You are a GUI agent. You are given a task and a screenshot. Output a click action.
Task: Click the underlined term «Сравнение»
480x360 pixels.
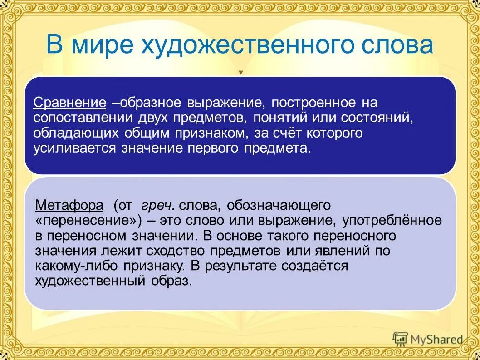70,103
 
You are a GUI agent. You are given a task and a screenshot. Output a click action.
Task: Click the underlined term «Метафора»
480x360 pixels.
69,206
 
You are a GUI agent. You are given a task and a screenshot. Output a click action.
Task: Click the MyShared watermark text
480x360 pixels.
436,339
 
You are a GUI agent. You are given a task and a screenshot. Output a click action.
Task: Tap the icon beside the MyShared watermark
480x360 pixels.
400,339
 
